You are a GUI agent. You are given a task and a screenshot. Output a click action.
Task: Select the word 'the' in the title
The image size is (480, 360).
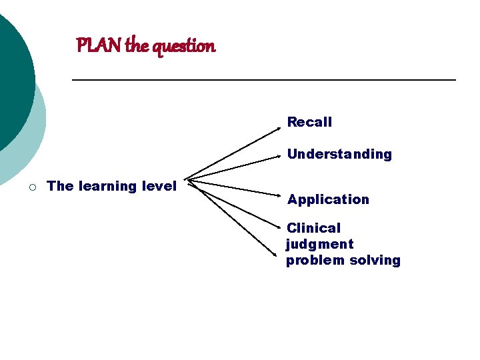(x=137, y=46)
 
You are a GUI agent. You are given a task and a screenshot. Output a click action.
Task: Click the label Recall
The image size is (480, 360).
(x=309, y=122)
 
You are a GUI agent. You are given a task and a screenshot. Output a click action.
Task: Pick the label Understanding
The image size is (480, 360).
(x=339, y=154)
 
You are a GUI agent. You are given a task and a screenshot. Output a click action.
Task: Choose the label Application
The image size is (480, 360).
(x=328, y=199)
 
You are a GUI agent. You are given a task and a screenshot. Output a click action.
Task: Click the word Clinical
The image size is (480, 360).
(x=313, y=228)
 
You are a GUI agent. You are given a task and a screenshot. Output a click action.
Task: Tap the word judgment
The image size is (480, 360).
(x=320, y=244)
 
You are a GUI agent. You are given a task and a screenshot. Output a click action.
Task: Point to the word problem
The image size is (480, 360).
(x=313, y=260)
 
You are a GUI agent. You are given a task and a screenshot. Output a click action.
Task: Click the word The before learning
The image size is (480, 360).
(x=61, y=186)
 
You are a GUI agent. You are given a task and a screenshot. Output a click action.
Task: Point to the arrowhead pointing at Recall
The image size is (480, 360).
(x=279, y=124)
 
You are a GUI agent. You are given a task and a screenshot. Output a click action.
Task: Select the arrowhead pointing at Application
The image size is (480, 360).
(x=280, y=194)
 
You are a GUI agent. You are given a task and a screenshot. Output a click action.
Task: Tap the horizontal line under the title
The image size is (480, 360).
(x=263, y=80)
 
